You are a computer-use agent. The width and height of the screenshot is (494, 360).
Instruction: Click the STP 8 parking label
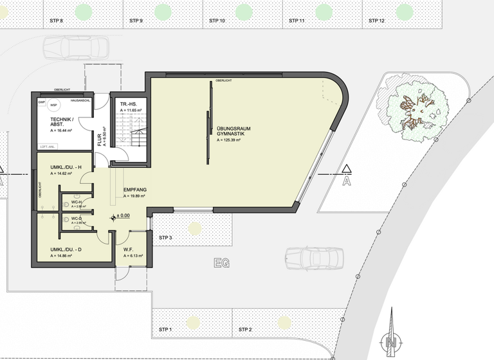coord(57,21)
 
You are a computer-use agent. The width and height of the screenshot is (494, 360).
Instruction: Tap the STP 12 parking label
coord(376,21)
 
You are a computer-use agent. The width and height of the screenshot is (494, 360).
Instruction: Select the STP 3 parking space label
coord(165,238)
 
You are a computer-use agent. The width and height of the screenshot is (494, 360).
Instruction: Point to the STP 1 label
coord(165,330)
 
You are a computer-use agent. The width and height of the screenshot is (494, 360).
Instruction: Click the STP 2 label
coord(244,330)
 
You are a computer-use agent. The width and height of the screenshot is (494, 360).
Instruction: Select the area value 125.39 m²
coord(233,139)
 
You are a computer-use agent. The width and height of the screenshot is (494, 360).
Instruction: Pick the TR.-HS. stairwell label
coord(129,104)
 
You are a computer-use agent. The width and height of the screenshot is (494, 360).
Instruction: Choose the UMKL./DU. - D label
coord(66,249)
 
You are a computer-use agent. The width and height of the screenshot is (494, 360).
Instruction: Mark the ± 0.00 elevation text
coord(123,217)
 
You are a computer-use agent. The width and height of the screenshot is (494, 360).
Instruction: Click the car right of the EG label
coord(315,258)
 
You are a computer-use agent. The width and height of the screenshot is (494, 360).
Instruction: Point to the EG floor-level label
coord(223,264)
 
